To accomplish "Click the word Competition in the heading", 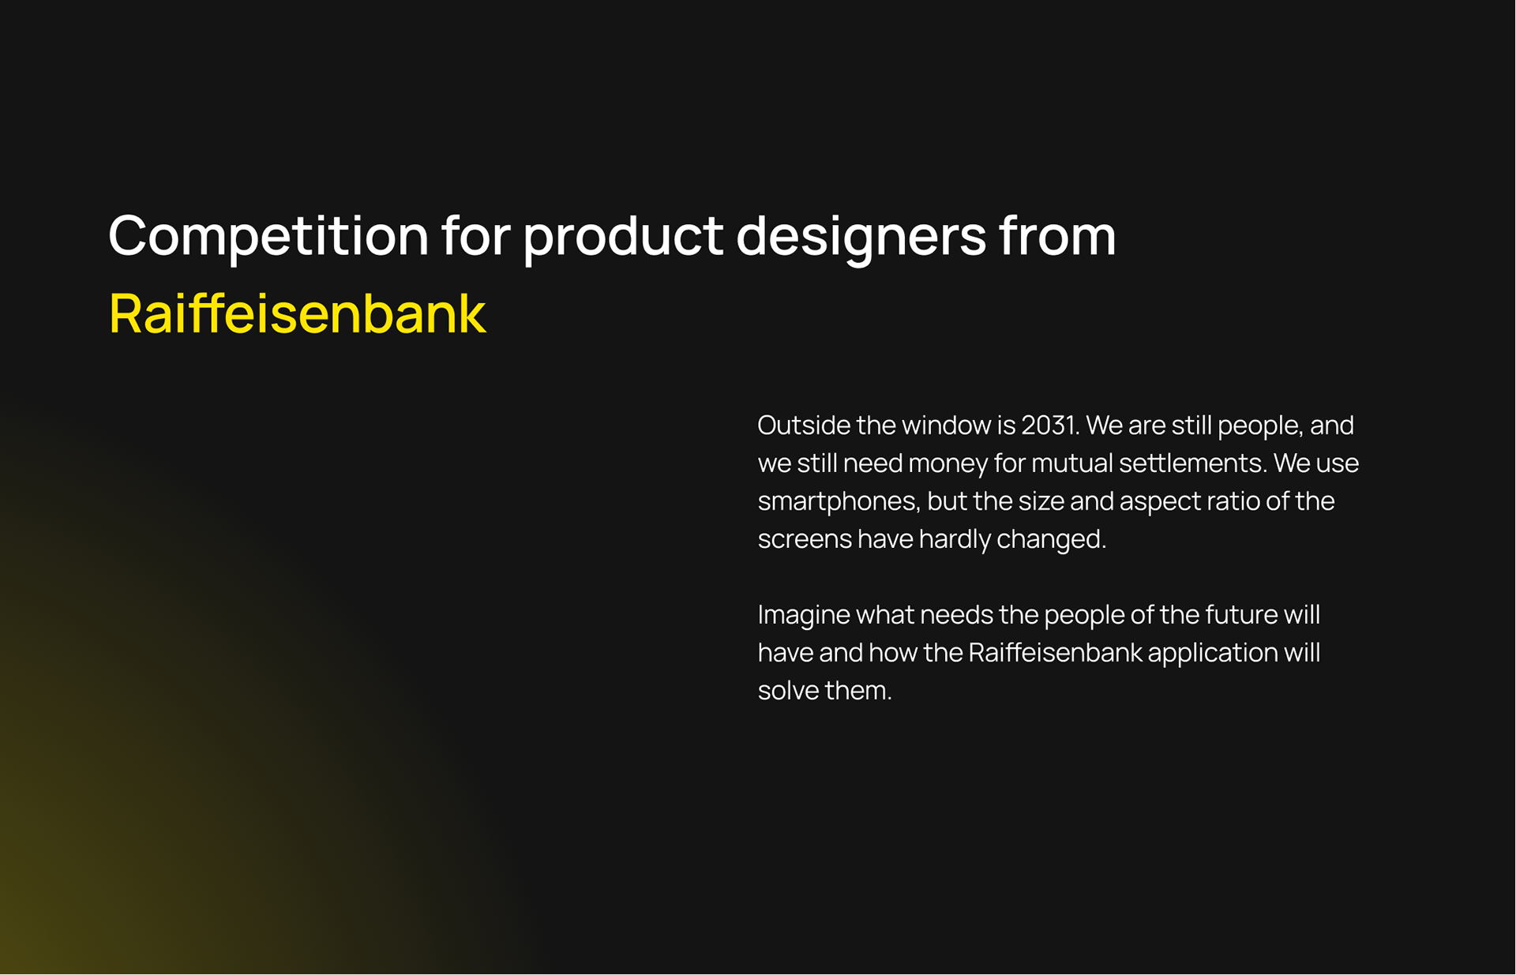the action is (268, 236).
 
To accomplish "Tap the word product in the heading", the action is (622, 236).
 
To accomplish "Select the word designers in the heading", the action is (861, 236).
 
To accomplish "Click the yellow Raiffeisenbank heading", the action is (297, 313).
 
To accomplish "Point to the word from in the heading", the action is (1057, 236).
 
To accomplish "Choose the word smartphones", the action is (839, 501).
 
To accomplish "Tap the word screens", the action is (805, 540).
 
